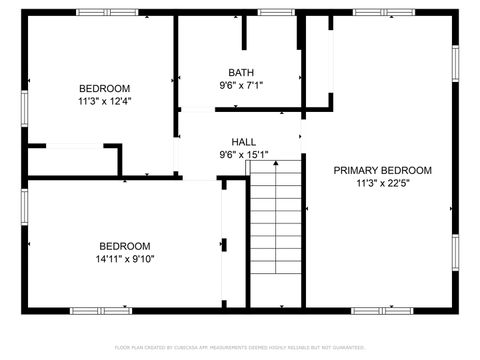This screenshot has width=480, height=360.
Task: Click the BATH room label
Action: (240, 72)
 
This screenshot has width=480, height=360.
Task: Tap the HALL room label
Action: (243, 142)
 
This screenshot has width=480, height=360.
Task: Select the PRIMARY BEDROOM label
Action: (382, 171)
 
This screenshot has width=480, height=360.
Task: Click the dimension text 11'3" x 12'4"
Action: (105, 100)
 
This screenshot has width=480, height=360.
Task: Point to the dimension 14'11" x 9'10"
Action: (124, 258)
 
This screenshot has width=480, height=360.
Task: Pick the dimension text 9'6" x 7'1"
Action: (240, 85)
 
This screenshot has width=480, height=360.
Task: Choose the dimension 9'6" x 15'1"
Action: (243, 155)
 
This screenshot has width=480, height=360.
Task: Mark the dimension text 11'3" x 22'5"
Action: (382, 183)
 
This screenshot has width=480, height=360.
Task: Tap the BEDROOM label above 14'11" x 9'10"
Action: (124, 246)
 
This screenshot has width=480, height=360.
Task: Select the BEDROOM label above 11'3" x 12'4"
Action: (105, 88)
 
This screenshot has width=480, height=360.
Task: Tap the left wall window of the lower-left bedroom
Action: (24, 204)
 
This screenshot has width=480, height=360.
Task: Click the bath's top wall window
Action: (273, 12)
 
